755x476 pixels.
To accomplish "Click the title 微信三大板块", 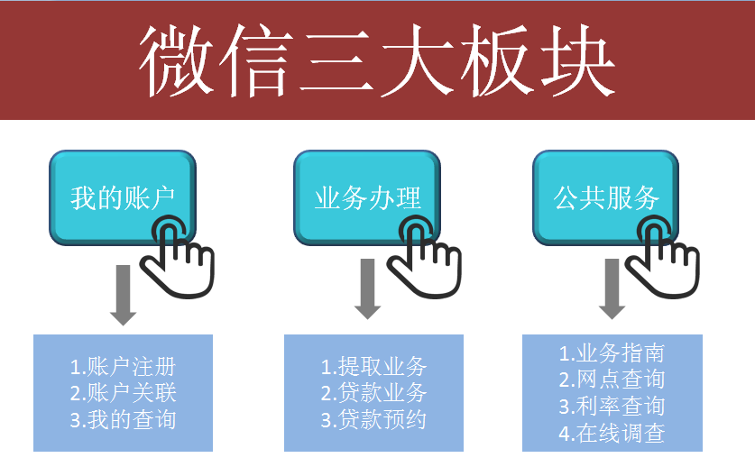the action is pos(376,60).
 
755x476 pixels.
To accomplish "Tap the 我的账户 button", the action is pos(123,197).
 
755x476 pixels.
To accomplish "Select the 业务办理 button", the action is pos(367,197).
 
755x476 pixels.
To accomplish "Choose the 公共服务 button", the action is pos(606,197).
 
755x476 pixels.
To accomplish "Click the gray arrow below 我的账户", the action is pos(124,295).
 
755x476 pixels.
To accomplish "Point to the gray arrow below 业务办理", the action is pos(367,288).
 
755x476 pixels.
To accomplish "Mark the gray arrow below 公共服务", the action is pos(612,288).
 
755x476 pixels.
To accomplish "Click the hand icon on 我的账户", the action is pos(177,257).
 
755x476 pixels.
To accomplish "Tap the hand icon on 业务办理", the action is pos(424,257).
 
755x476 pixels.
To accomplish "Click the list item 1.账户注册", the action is pos(123,367).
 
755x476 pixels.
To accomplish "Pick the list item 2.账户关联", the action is pos(123,393).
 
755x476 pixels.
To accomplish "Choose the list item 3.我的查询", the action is pos(123,420).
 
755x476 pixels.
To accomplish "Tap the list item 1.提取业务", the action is pos(373,367).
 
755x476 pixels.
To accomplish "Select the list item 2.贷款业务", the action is pos(373,393).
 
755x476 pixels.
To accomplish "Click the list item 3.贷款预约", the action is pos(373,420).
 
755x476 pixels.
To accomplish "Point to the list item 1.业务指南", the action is pos(612,353).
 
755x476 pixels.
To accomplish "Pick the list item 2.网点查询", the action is pos(612,380).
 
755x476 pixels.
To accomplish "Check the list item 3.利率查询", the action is pos(612,407).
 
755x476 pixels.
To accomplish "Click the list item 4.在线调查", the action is pos(612,433).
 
